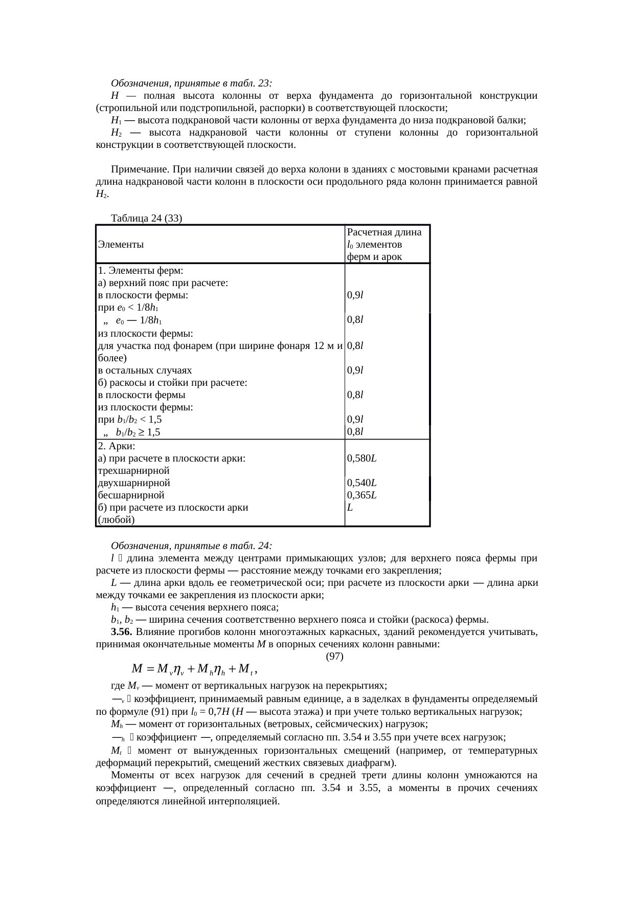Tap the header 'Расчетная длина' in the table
[x=384, y=232]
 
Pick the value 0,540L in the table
[x=361, y=483]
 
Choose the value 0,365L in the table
[x=361, y=495]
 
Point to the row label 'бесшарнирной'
[x=131, y=495]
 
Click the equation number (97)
[x=334, y=656]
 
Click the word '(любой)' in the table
[x=116, y=520]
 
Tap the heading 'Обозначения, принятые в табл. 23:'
[x=191, y=83]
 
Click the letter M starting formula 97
[x=137, y=669]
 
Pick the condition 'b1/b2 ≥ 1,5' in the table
[x=138, y=432]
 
